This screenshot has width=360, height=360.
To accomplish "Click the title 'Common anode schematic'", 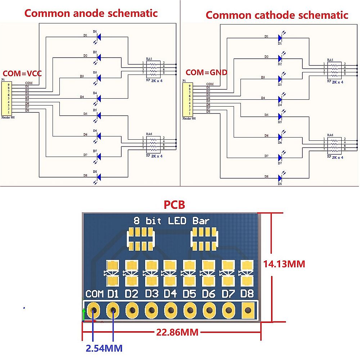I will pyautogui.click(x=91, y=13).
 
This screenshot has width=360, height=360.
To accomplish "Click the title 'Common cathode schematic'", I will pyautogui.click(x=277, y=15).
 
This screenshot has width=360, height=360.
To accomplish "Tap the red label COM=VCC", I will pyautogui.click(x=22, y=73).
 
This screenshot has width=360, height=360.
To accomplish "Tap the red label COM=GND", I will pyautogui.click(x=206, y=72).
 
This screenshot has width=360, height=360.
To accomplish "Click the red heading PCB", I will pyautogui.click(x=174, y=205).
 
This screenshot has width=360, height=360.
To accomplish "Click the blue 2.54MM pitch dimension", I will pyautogui.click(x=104, y=348).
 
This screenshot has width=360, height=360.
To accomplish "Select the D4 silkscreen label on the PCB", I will pyautogui.click(x=170, y=294).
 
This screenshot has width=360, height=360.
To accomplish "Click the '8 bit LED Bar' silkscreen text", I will pyautogui.click(x=171, y=221).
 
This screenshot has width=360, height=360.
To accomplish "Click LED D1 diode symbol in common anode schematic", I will pyautogui.click(x=98, y=36).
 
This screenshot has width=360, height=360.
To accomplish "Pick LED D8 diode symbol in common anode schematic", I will pyautogui.click(x=98, y=177).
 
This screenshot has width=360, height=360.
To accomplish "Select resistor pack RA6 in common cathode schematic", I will pyautogui.click(x=335, y=144).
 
